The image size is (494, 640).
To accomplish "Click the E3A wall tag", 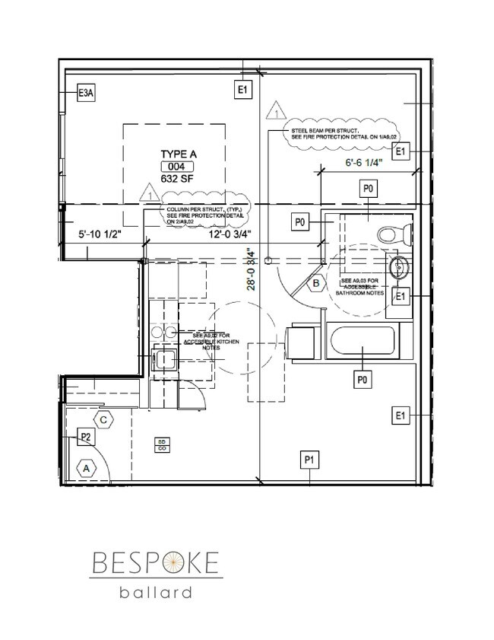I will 87,94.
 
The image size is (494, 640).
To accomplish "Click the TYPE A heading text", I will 179,154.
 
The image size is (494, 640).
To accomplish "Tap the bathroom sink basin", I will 397,267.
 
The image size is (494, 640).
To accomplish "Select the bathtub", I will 361,340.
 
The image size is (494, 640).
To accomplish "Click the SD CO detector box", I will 162,445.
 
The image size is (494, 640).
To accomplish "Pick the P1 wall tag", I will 309,459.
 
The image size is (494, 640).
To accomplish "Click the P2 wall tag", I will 86,437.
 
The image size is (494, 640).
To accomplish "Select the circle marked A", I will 87,469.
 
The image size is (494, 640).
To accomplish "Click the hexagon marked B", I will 314,284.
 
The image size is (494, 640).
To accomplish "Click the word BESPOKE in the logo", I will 155,563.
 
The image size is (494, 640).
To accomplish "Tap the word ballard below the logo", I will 155,594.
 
